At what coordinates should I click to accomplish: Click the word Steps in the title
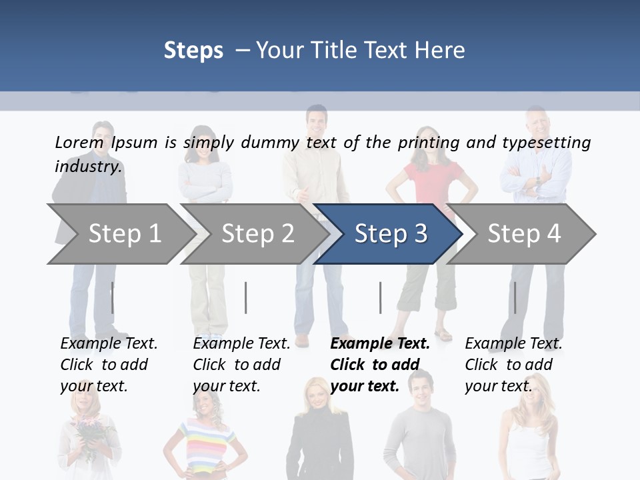click(x=193, y=50)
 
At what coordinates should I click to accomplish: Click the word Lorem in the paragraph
click(x=79, y=142)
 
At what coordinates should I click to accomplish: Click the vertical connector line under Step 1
click(x=113, y=297)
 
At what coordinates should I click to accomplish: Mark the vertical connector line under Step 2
click(x=246, y=297)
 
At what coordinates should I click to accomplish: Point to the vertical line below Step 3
click(x=380, y=297)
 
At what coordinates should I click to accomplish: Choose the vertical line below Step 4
click(x=515, y=297)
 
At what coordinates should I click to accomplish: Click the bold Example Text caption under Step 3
click(x=379, y=365)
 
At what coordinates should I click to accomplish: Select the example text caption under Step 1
click(x=109, y=365)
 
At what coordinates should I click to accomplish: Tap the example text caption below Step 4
click(x=513, y=365)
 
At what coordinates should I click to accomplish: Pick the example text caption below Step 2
click(x=241, y=365)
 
